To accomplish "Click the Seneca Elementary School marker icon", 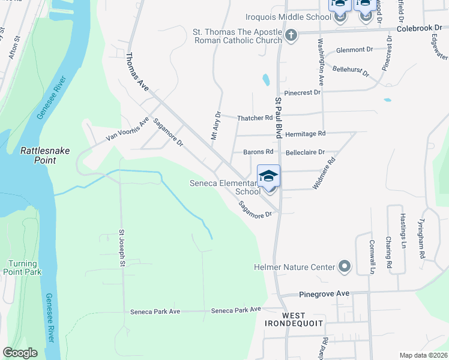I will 268,176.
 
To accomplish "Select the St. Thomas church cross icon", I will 291,35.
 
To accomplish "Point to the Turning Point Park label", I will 25,268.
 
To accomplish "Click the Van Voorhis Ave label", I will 127,129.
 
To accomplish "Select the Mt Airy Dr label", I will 216,125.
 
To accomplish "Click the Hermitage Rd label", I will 305,133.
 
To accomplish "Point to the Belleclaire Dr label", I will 305,152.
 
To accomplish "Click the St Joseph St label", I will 121,248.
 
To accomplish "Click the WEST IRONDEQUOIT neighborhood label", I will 294,319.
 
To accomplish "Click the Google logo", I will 20,353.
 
